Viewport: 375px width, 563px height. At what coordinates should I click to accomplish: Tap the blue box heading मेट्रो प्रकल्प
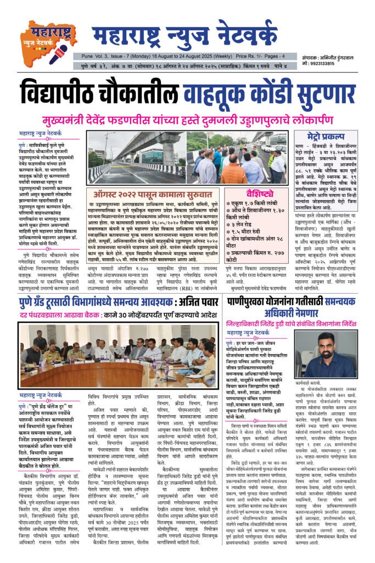click(x=318, y=135)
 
